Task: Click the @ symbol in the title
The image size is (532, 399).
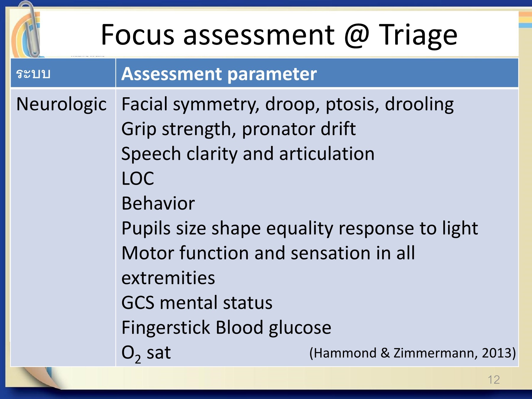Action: tap(357, 35)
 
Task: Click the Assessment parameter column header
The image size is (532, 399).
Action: tap(219, 74)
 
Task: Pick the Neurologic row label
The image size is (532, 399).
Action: tap(61, 104)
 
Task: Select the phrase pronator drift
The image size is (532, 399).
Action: tap(299, 129)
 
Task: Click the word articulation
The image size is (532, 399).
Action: tap(327, 154)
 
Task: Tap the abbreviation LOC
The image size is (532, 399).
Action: tap(138, 179)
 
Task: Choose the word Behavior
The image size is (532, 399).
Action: tap(158, 203)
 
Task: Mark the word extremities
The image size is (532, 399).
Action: tap(168, 278)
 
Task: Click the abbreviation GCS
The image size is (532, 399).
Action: tap(138, 303)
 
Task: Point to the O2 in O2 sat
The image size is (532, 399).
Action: tap(131, 353)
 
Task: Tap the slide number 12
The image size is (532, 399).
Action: tap(494, 379)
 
